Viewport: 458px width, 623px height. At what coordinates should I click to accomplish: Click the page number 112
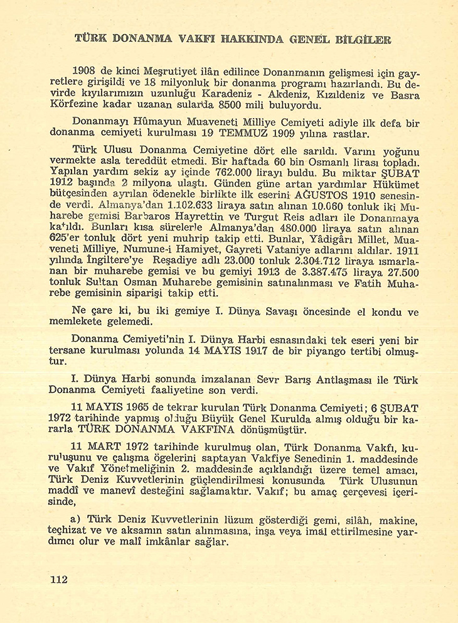(58, 580)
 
